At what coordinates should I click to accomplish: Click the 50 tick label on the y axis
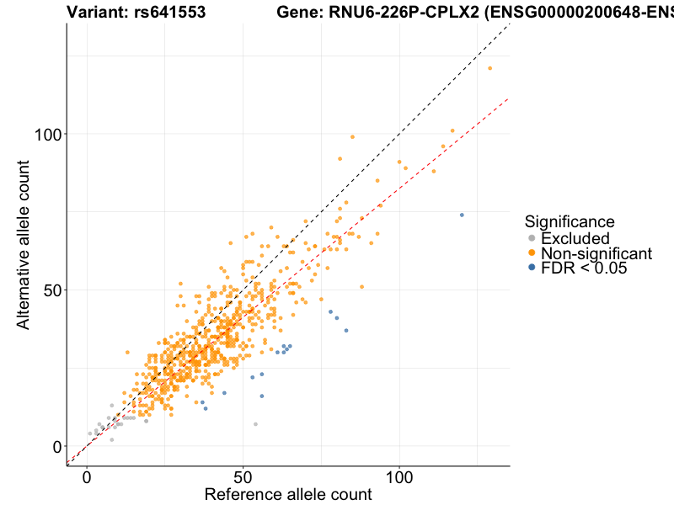click(x=51, y=290)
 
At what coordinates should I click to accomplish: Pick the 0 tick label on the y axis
click(x=56, y=446)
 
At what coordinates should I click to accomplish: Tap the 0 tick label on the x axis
click(x=87, y=477)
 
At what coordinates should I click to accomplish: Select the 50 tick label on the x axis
click(x=243, y=477)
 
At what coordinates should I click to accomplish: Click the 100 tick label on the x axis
click(x=399, y=477)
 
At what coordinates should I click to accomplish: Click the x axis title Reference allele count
click(x=288, y=494)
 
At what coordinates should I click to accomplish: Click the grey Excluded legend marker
click(x=531, y=239)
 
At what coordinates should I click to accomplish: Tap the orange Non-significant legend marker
click(x=531, y=253)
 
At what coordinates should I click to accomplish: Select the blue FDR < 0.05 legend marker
click(x=531, y=268)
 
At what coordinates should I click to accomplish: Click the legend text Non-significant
click(x=596, y=253)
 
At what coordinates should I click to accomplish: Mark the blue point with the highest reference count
click(x=462, y=215)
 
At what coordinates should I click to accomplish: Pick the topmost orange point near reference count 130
click(x=489, y=68)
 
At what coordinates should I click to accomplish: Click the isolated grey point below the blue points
click(x=255, y=424)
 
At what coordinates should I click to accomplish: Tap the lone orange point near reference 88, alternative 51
click(x=362, y=287)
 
